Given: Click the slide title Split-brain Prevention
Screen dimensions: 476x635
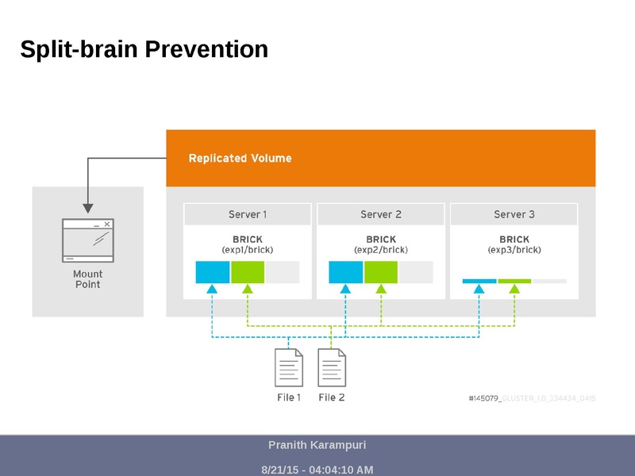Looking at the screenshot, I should pos(144,50).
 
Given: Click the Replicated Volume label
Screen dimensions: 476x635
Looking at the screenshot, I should pos(240,159).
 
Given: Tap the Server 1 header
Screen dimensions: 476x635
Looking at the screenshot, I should pos(248,214).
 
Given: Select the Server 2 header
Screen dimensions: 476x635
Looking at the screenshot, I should pos(381,214).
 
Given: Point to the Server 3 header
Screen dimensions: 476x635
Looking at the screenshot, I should pos(514,214).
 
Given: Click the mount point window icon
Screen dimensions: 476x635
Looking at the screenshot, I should pos(88,240).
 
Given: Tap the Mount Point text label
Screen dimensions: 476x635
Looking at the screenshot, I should pos(88,279).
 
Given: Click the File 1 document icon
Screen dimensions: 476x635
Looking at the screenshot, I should pos(289,368).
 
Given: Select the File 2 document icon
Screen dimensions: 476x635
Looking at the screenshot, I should pos(332,368).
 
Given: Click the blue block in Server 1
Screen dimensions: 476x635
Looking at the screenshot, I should pos(213,272).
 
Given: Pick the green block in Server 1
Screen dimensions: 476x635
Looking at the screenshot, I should pos(248,272).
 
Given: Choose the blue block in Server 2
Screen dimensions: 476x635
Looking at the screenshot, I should pos(346,272).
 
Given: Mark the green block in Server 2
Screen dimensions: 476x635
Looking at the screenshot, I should pos(381,272).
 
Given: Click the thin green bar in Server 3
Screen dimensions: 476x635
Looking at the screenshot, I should pos(514,281).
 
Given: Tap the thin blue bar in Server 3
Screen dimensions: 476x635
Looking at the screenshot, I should pos(479,281).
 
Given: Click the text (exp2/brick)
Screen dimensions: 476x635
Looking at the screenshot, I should pos(381,250).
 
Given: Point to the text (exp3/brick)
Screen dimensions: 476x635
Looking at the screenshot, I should pos(514,250).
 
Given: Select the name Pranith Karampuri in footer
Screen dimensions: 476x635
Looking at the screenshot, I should pos(317,445).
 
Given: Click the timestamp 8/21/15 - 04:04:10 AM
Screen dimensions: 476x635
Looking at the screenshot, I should pos(317,470).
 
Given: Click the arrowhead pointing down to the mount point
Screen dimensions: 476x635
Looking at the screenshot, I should pos(88,209).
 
